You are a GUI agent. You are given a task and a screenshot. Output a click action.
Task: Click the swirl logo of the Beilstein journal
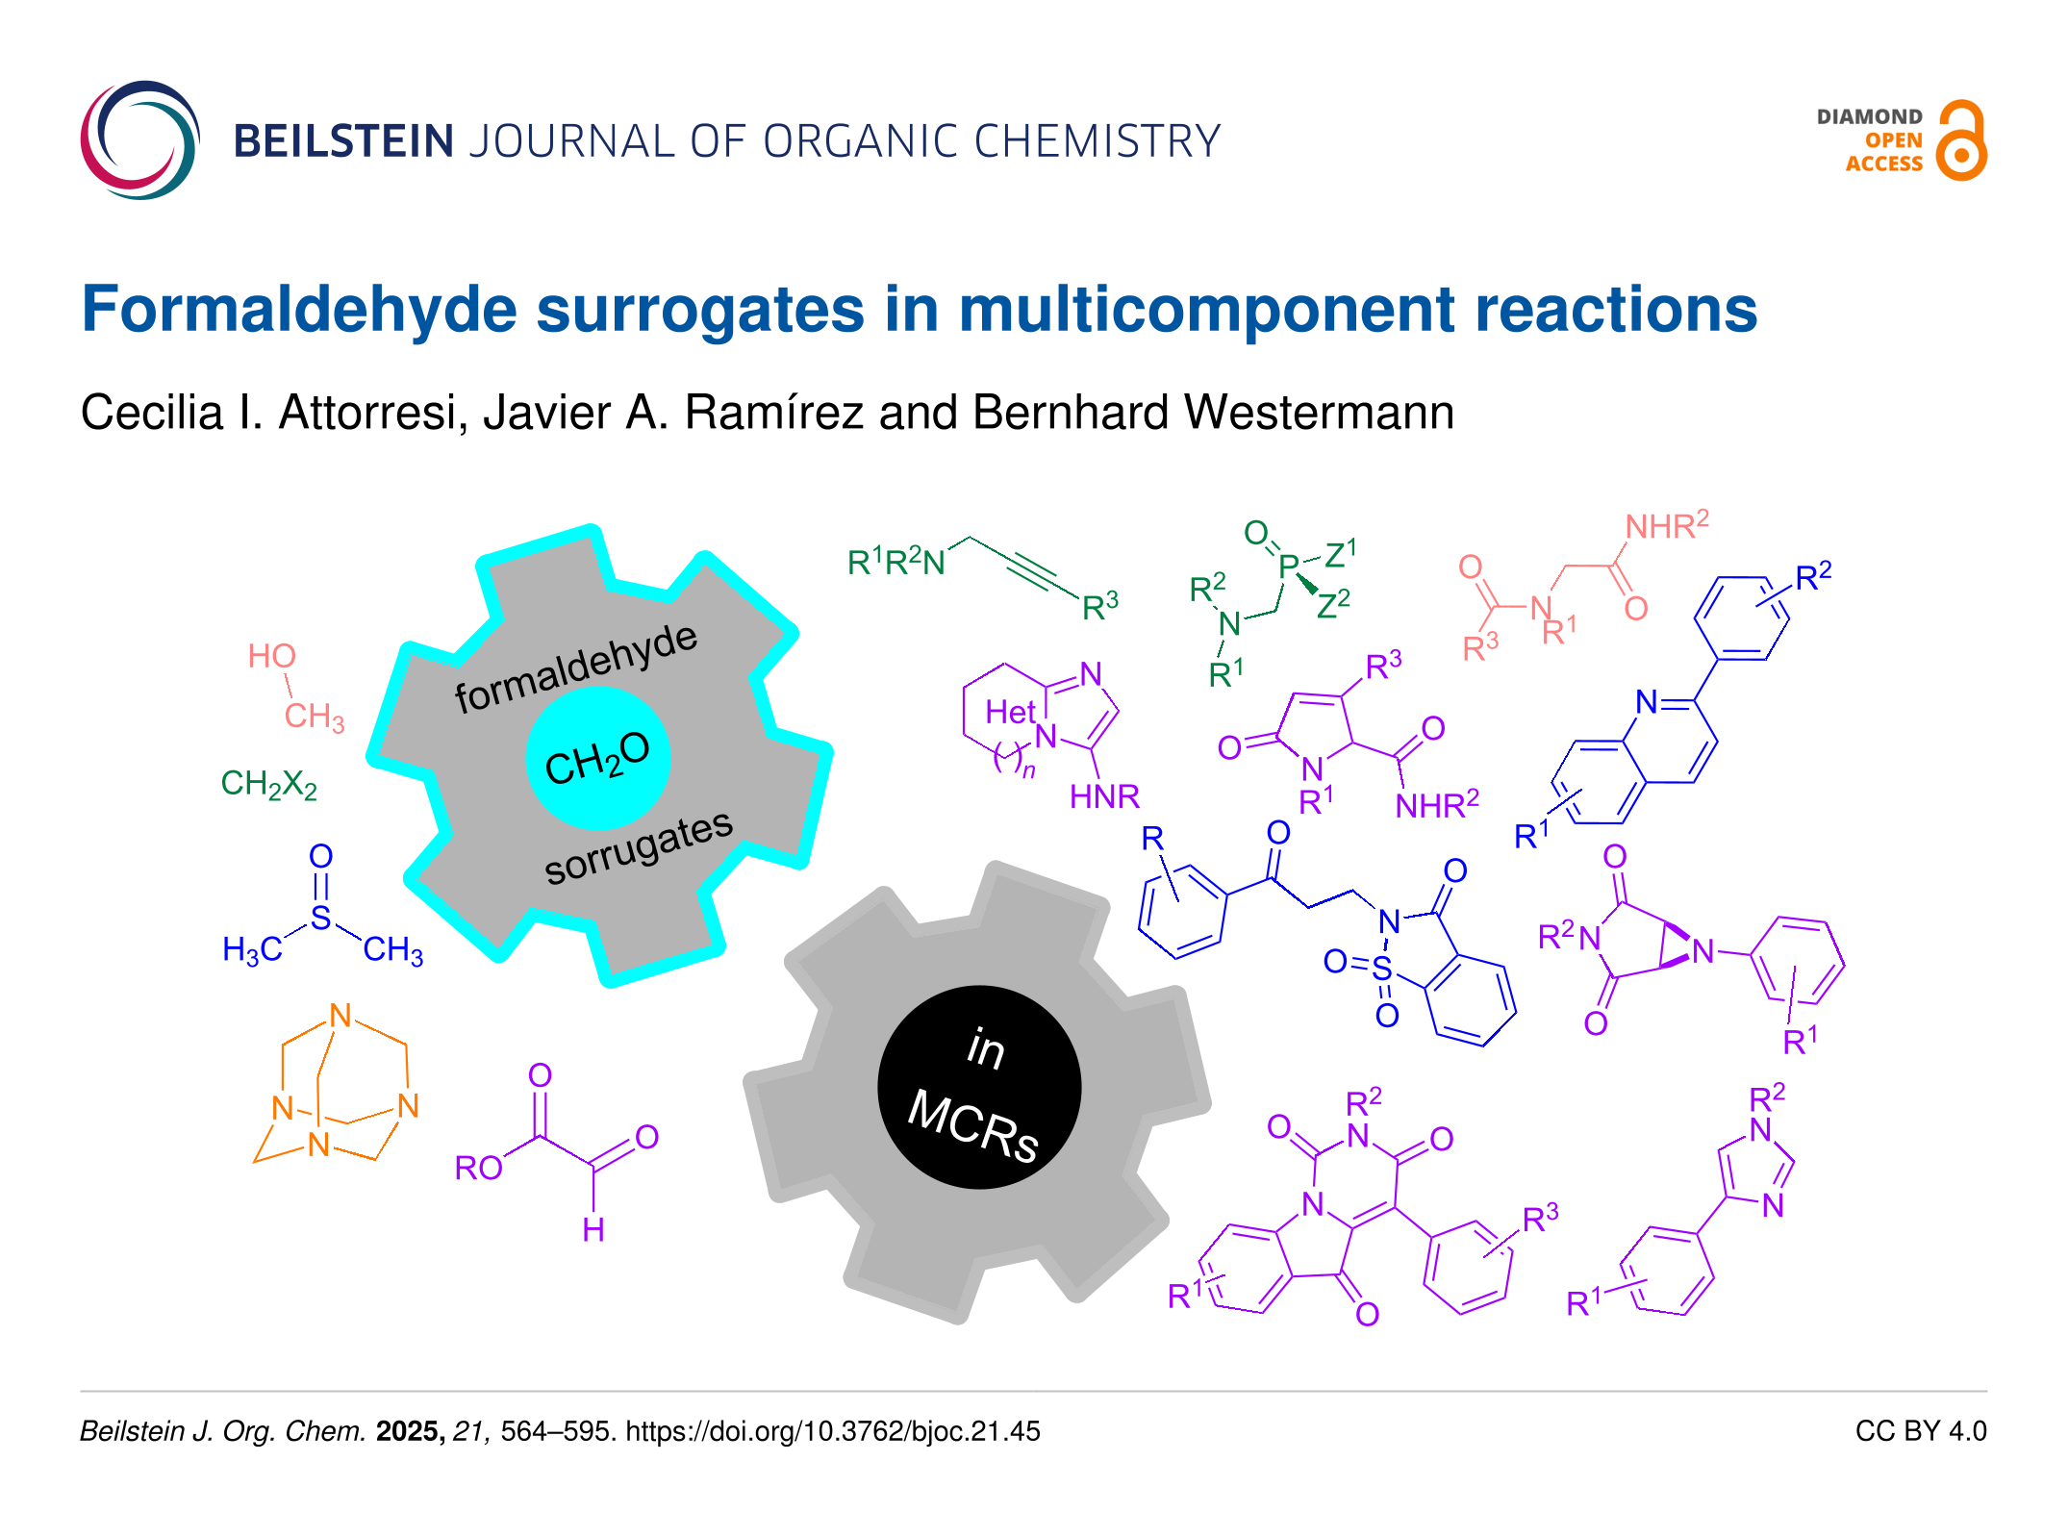(x=140, y=140)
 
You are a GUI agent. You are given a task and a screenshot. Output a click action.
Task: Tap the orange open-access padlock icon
(x=1960, y=141)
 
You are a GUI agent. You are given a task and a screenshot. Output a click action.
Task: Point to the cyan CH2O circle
(x=597, y=759)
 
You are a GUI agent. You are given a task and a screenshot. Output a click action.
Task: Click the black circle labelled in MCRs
(x=979, y=1087)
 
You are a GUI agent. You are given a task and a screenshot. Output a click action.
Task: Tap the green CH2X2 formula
(x=268, y=785)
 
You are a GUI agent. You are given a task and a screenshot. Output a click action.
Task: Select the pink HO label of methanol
(x=271, y=656)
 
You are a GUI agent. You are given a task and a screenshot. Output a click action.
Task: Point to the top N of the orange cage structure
(x=340, y=1016)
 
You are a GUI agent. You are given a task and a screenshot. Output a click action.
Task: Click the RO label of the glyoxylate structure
(x=478, y=1168)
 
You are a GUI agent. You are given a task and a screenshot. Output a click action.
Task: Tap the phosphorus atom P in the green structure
(x=1289, y=567)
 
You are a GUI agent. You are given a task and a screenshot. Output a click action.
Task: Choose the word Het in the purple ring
(x=1010, y=713)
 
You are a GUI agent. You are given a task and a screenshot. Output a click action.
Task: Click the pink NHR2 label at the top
(x=1666, y=525)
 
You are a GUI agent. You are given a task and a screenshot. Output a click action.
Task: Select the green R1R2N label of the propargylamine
(x=895, y=562)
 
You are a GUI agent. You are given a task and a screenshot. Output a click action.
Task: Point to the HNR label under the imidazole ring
(x=1104, y=796)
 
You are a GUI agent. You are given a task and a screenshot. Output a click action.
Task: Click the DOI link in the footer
(x=833, y=1431)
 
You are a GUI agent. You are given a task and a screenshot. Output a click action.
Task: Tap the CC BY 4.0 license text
(x=1920, y=1431)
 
